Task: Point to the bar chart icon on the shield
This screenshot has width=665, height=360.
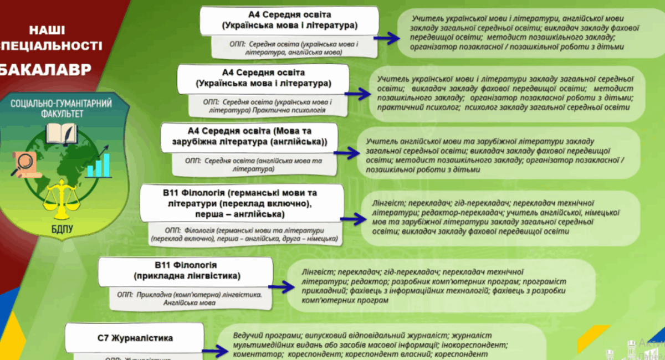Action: pyautogui.click(x=98, y=161)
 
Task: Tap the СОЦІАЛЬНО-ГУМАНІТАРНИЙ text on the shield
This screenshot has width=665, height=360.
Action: pyautogui.click(x=61, y=103)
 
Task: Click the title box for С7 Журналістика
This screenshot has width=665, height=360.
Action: pyautogui.click(x=139, y=338)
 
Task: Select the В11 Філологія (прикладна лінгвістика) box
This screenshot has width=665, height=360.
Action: pyautogui.click(x=186, y=270)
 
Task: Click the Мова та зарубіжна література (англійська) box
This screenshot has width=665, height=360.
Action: pyautogui.click(x=249, y=136)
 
